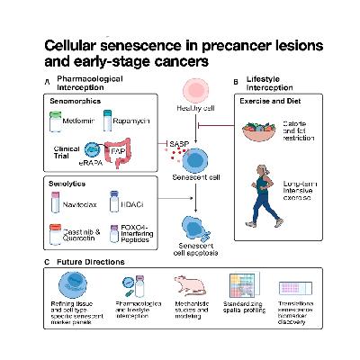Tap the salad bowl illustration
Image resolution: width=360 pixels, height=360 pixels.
click(264, 131)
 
